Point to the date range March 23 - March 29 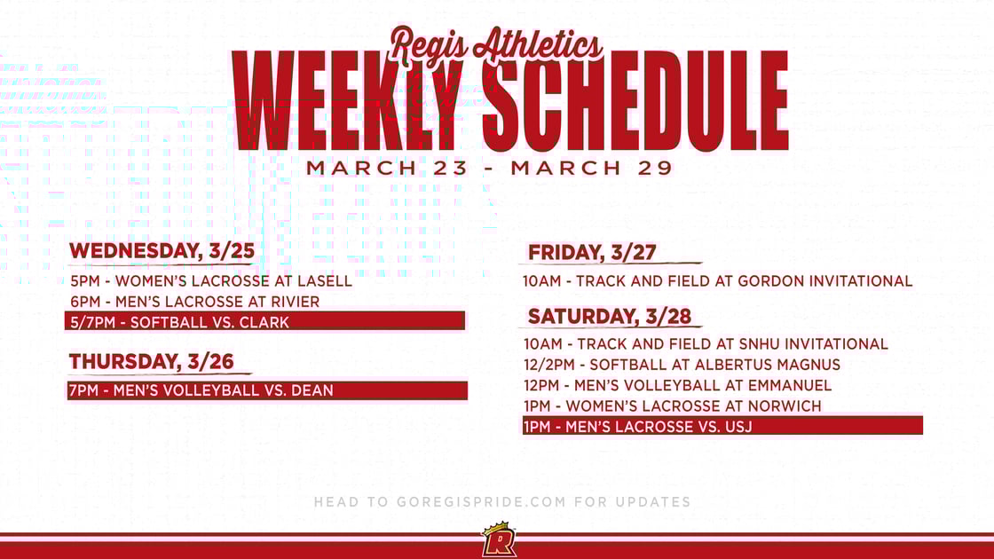tap(490, 168)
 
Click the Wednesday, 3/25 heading tap(162, 251)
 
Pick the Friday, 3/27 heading tap(592, 253)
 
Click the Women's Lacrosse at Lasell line tap(211, 281)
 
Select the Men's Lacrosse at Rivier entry tap(195, 302)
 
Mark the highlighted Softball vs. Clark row tap(265, 321)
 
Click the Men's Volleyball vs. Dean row tap(266, 390)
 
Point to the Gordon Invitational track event tap(717, 281)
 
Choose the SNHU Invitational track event tap(706, 344)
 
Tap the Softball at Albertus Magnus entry tap(682, 365)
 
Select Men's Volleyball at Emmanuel tap(677, 385)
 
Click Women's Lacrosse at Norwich tap(672, 405)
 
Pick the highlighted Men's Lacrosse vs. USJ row tap(722, 426)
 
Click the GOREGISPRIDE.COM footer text tap(502, 502)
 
